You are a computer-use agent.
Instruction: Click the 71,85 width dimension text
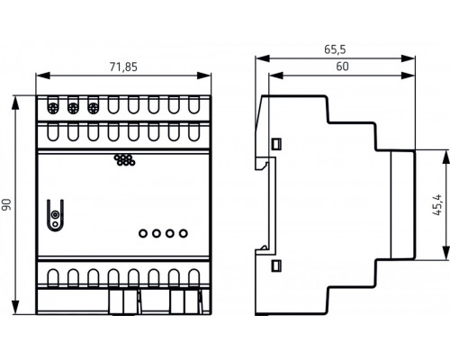123,67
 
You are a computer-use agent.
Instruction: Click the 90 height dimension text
8,205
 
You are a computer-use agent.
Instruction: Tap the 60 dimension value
343,67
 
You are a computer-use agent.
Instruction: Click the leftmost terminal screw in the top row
53,106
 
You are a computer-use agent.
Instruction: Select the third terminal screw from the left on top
93,106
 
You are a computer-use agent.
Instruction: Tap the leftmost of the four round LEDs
143,234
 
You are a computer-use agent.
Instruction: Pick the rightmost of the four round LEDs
184,234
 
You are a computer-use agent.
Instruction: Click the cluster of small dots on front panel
123,161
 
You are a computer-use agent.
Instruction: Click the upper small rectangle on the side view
276,142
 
